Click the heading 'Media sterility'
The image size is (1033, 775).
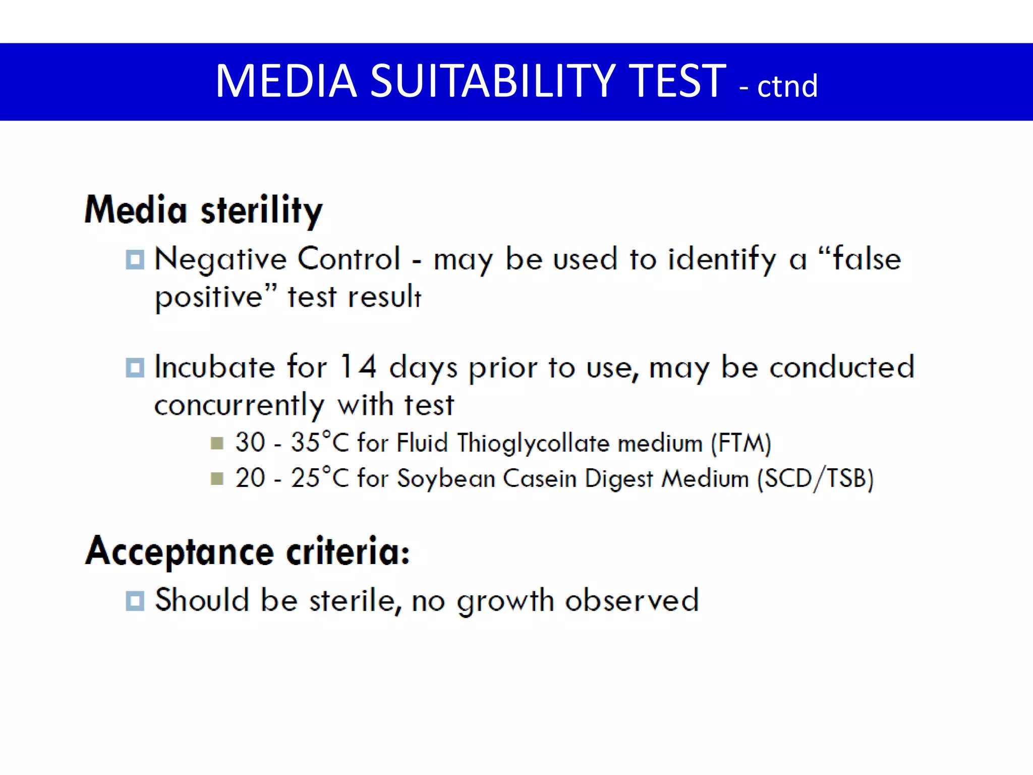coord(204,210)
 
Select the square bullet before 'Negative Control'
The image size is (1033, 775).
coord(135,260)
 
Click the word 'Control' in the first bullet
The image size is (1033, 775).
coord(349,259)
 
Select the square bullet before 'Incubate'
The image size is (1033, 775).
coord(135,368)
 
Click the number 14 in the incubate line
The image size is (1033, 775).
coord(358,367)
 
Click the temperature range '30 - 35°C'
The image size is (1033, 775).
coord(292,443)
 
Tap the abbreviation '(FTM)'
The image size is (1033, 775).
coord(741,444)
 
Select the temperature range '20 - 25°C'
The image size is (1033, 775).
coord(292,478)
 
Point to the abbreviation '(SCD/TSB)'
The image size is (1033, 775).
coord(815,479)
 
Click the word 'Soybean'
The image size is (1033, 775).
coord(446,479)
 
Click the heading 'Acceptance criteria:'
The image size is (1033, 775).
coord(247,551)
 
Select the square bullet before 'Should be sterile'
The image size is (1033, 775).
coord(135,601)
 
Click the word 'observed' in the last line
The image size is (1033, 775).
coord(632,600)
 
